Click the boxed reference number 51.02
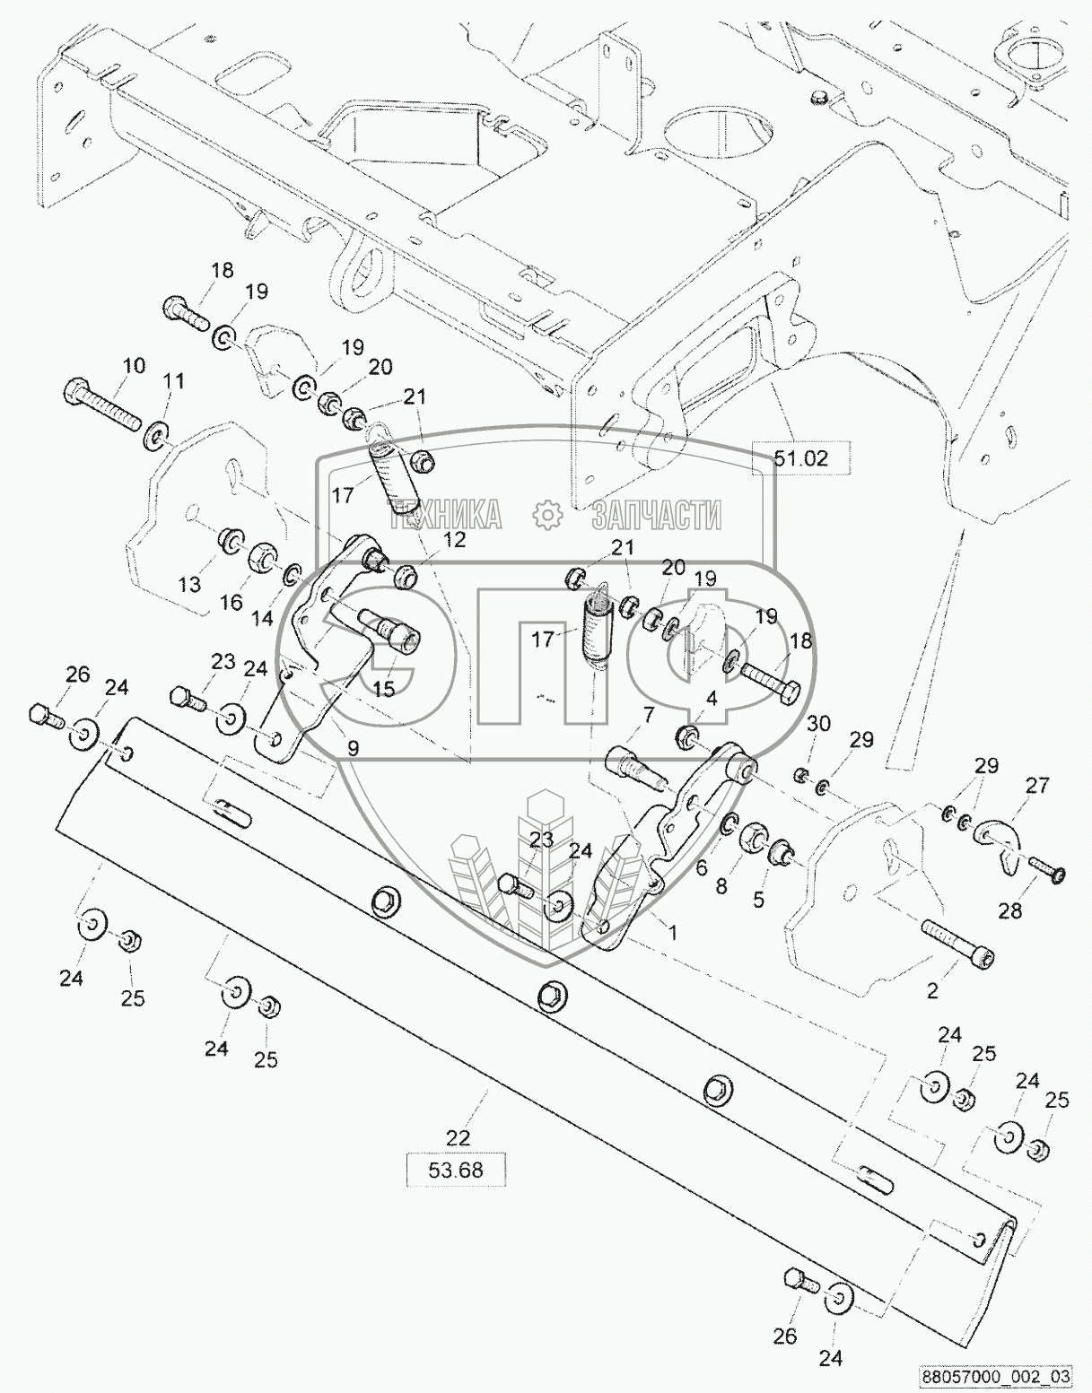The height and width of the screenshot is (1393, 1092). [x=800, y=458]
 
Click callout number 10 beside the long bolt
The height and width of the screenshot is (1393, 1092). [x=132, y=365]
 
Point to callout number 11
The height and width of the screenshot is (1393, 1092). [x=172, y=382]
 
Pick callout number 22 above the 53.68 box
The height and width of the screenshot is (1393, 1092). [x=457, y=1137]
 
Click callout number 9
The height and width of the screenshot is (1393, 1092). [x=353, y=747]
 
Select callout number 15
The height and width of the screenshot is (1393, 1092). [x=383, y=689]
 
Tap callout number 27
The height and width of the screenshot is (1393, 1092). [x=1037, y=786]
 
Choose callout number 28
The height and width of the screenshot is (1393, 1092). [x=1009, y=910]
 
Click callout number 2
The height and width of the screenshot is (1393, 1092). [x=932, y=990]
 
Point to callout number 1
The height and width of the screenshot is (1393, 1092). [x=672, y=932]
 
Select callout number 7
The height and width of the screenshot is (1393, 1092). [x=648, y=714]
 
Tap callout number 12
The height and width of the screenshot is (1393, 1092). [x=454, y=539]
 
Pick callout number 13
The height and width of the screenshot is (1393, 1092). [x=189, y=585]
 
